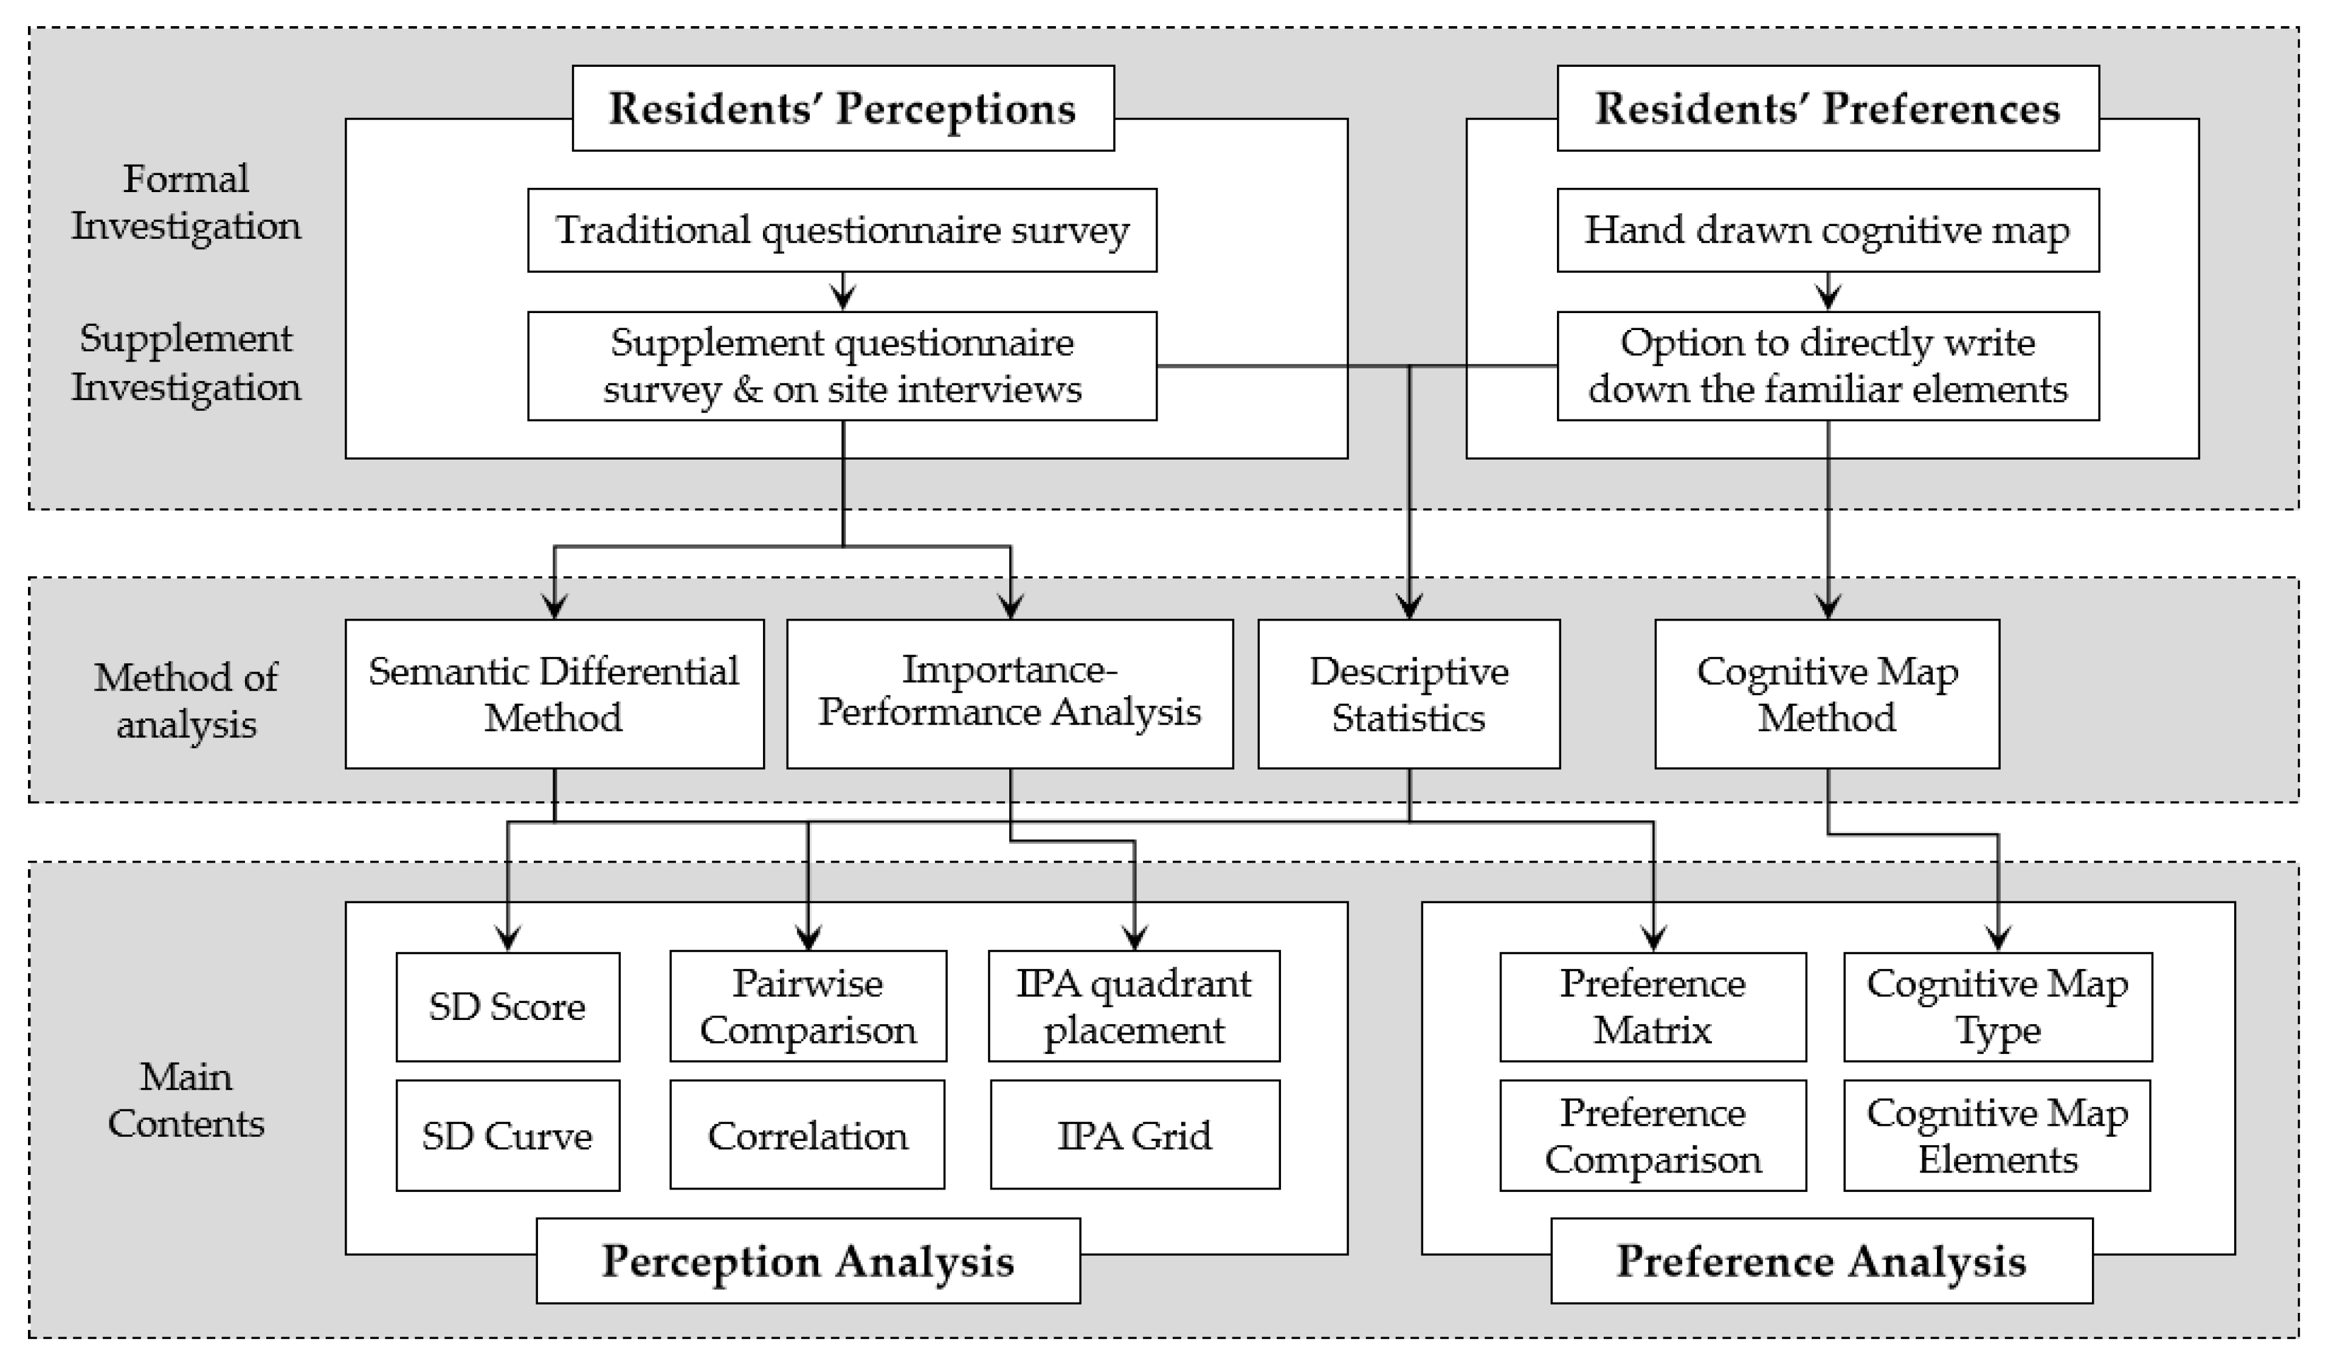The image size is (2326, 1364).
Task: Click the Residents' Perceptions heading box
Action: tap(842, 109)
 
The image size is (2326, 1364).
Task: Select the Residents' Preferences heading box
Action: tap(1827, 109)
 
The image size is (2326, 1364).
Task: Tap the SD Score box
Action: tap(508, 1007)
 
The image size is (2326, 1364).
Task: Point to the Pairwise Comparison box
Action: tap(807, 1007)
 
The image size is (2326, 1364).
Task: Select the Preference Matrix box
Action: tap(1652, 1007)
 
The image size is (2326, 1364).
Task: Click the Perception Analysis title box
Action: tap(807, 1261)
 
